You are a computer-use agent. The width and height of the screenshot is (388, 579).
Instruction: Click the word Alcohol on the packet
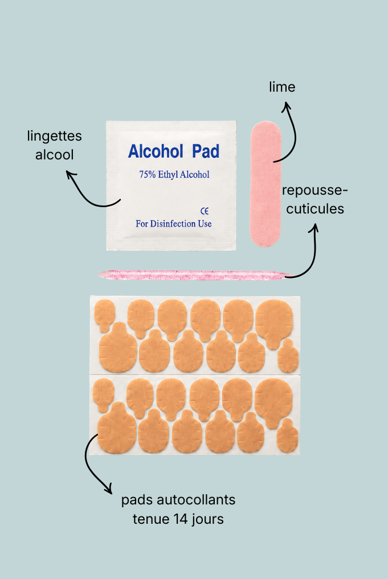[156, 151]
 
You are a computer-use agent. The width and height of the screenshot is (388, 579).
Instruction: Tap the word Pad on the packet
[206, 151]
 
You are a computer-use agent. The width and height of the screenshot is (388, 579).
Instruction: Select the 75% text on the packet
[148, 174]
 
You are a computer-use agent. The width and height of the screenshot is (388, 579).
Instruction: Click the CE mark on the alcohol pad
[205, 211]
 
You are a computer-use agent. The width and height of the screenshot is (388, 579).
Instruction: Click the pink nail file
[266, 183]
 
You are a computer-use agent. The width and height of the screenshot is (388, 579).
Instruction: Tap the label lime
[282, 87]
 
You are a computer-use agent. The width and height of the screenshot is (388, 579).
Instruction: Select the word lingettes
[54, 136]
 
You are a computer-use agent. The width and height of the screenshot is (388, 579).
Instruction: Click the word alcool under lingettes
[54, 155]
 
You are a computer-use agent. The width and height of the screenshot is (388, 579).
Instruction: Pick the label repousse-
[315, 191]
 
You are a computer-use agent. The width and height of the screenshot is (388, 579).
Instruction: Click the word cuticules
[315, 209]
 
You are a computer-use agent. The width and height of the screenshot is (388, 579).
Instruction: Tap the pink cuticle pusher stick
[194, 275]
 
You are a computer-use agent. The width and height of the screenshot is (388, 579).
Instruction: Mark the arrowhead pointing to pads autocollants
[109, 490]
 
